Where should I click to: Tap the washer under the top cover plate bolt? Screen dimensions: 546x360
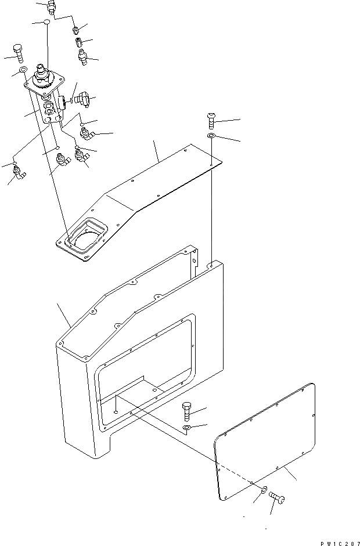(x=211, y=136)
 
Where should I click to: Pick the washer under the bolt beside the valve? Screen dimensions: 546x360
(x=23, y=71)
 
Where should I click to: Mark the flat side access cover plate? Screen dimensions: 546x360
(x=264, y=441)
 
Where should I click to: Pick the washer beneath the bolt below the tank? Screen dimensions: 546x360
(x=187, y=428)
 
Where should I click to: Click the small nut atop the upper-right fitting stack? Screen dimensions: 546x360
(x=76, y=28)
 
